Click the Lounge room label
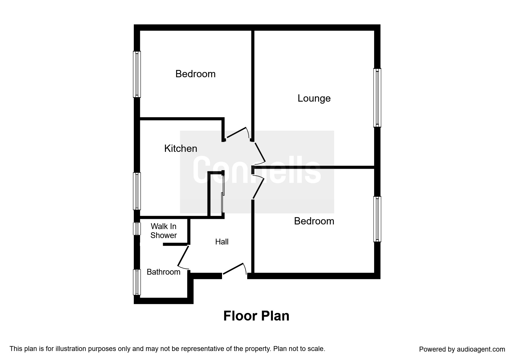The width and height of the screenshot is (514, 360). [x=314, y=98]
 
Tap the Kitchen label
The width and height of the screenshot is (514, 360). [x=181, y=149]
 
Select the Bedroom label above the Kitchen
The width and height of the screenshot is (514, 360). [x=195, y=74]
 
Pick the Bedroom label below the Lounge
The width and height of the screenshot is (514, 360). [x=314, y=221]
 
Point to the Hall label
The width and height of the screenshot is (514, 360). [x=222, y=242]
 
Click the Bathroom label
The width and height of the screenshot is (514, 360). [x=163, y=272]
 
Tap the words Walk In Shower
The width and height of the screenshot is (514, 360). [x=163, y=231]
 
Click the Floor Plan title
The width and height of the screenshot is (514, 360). [x=256, y=316]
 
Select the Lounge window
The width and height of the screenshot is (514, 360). [x=377, y=98]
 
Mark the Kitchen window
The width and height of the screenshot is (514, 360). [x=137, y=191]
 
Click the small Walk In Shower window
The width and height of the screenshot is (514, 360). [x=137, y=228]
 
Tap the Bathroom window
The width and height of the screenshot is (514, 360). [x=137, y=282]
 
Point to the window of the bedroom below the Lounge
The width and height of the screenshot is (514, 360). [x=377, y=219]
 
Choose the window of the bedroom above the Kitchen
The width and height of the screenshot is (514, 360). [x=137, y=74]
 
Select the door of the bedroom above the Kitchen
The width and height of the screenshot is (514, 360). [x=238, y=133]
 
